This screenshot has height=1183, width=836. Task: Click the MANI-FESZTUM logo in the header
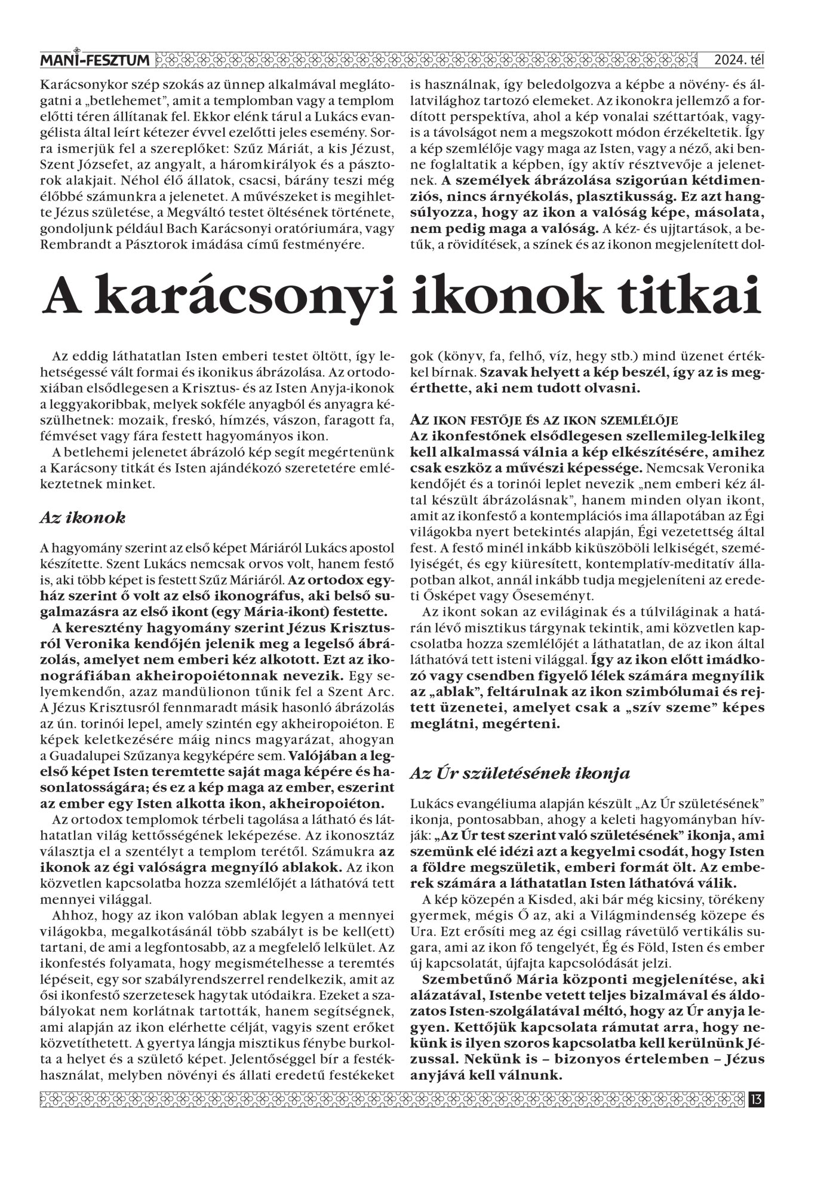(x=95, y=60)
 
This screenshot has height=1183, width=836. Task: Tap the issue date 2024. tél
(x=739, y=61)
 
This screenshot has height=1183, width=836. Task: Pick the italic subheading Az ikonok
(x=82, y=518)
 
